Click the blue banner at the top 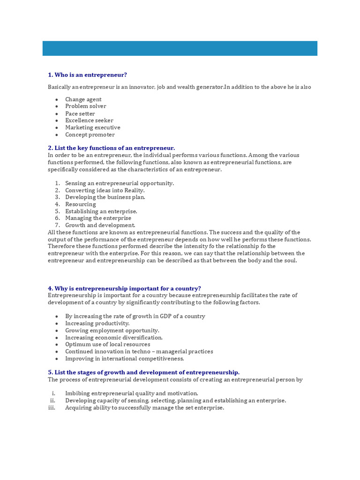coord(180,48)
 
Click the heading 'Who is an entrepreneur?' coord(87,75)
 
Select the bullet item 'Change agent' coord(83,99)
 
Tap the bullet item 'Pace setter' coord(80,113)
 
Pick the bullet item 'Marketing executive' coord(92,127)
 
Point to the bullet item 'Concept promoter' coord(90,135)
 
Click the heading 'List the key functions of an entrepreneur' coord(111,148)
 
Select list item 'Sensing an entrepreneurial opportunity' coord(119,183)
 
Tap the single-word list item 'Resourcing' coord(80,204)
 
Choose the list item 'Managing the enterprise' coord(98,218)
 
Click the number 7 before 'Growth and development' coord(57,225)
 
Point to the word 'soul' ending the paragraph coord(290,260)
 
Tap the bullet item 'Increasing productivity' coord(97,323)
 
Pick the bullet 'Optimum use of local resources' coord(107,345)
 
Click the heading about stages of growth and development coord(143,372)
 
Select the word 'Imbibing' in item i coord(76,394)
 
